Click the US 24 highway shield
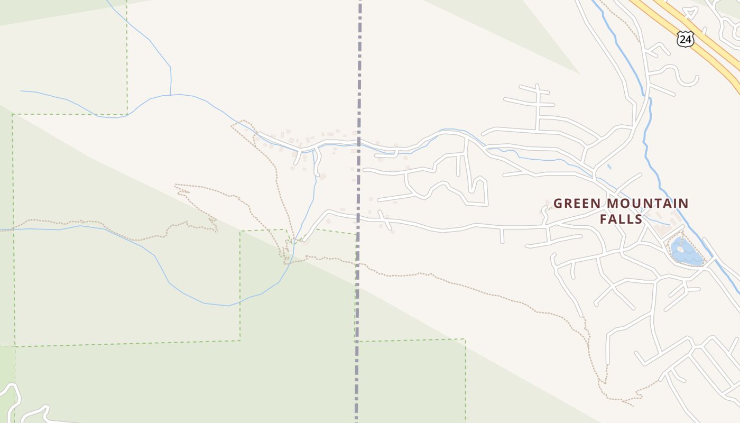point(685,39)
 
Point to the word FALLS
point(621,219)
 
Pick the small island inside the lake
point(680,249)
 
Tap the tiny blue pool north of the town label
point(609,167)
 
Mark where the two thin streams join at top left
point(170,95)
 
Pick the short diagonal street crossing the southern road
point(385,220)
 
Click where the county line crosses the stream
point(359,143)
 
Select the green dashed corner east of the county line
point(465,339)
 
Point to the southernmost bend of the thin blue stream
point(227,306)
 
